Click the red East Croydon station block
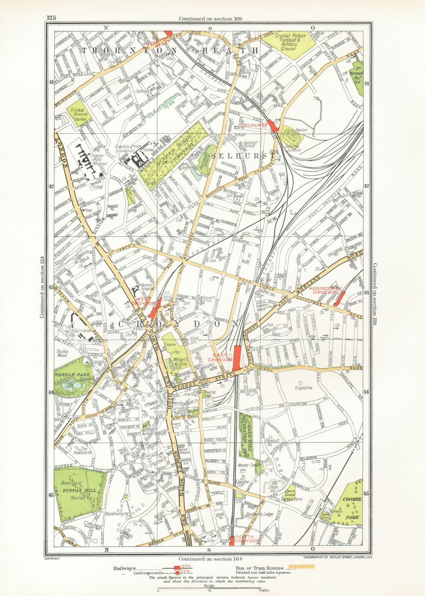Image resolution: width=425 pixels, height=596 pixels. [x=236, y=354]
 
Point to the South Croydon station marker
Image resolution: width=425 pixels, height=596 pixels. [x=232, y=541]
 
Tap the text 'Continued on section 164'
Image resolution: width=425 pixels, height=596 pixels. [x=208, y=559]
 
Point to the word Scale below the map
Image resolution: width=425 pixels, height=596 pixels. [x=208, y=585]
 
